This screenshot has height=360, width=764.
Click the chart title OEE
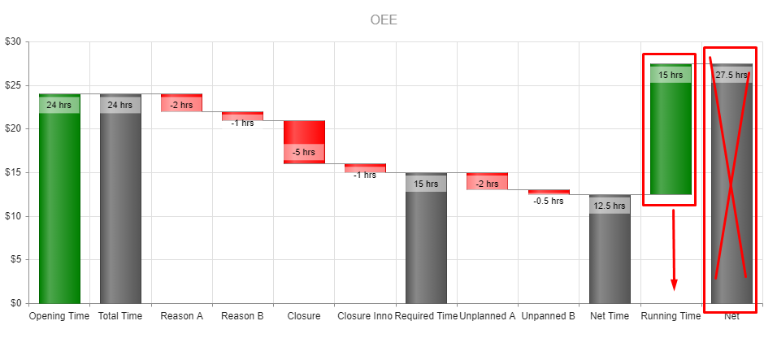(384, 20)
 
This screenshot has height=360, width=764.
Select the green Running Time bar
(671, 138)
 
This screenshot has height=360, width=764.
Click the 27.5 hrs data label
(731, 75)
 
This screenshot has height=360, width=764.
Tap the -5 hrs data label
(304, 152)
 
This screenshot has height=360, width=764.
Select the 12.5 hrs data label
(610, 206)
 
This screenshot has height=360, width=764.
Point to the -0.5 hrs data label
(548, 201)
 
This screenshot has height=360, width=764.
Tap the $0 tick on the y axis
(15, 303)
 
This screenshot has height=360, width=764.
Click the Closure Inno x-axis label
(365, 316)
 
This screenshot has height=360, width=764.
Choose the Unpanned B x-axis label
(549, 316)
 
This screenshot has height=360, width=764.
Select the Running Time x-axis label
(671, 316)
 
